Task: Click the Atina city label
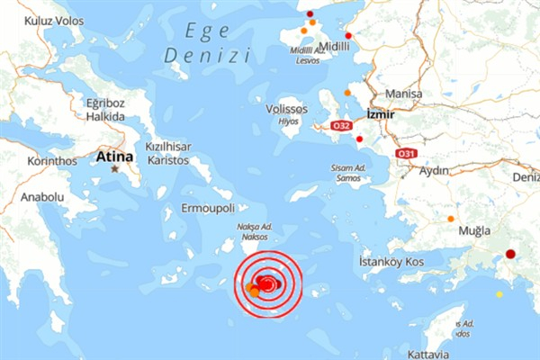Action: click(x=114, y=157)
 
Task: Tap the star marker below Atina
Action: click(x=115, y=169)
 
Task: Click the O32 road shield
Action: click(x=341, y=125)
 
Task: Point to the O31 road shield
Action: click(x=406, y=154)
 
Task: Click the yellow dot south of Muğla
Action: click(x=499, y=293)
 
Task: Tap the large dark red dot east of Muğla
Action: click(x=510, y=255)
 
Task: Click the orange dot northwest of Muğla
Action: click(x=451, y=219)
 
